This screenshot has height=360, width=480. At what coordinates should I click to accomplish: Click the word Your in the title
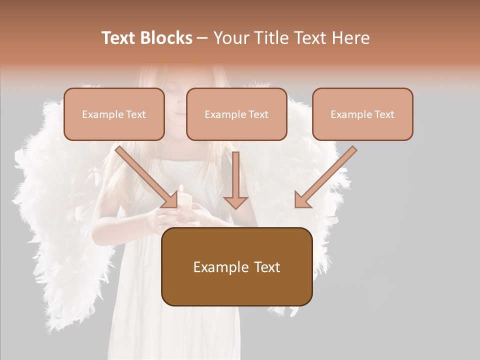pos(230,38)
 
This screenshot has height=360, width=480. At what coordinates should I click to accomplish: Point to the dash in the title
pos(202,38)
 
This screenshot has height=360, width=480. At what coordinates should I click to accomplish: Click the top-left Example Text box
pos(114,114)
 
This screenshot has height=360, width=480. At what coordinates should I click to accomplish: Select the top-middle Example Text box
pos(236,114)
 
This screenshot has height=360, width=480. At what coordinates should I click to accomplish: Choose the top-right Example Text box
pos(362,114)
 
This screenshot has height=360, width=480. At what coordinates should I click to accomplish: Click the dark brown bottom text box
pos(236,266)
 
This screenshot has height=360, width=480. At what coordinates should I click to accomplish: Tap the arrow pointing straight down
pos(235,180)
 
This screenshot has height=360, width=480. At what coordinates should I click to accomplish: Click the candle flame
pos(181,188)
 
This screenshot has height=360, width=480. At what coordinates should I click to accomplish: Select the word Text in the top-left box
pos(135,114)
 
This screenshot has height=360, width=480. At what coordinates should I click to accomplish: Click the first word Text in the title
pos(119,38)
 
